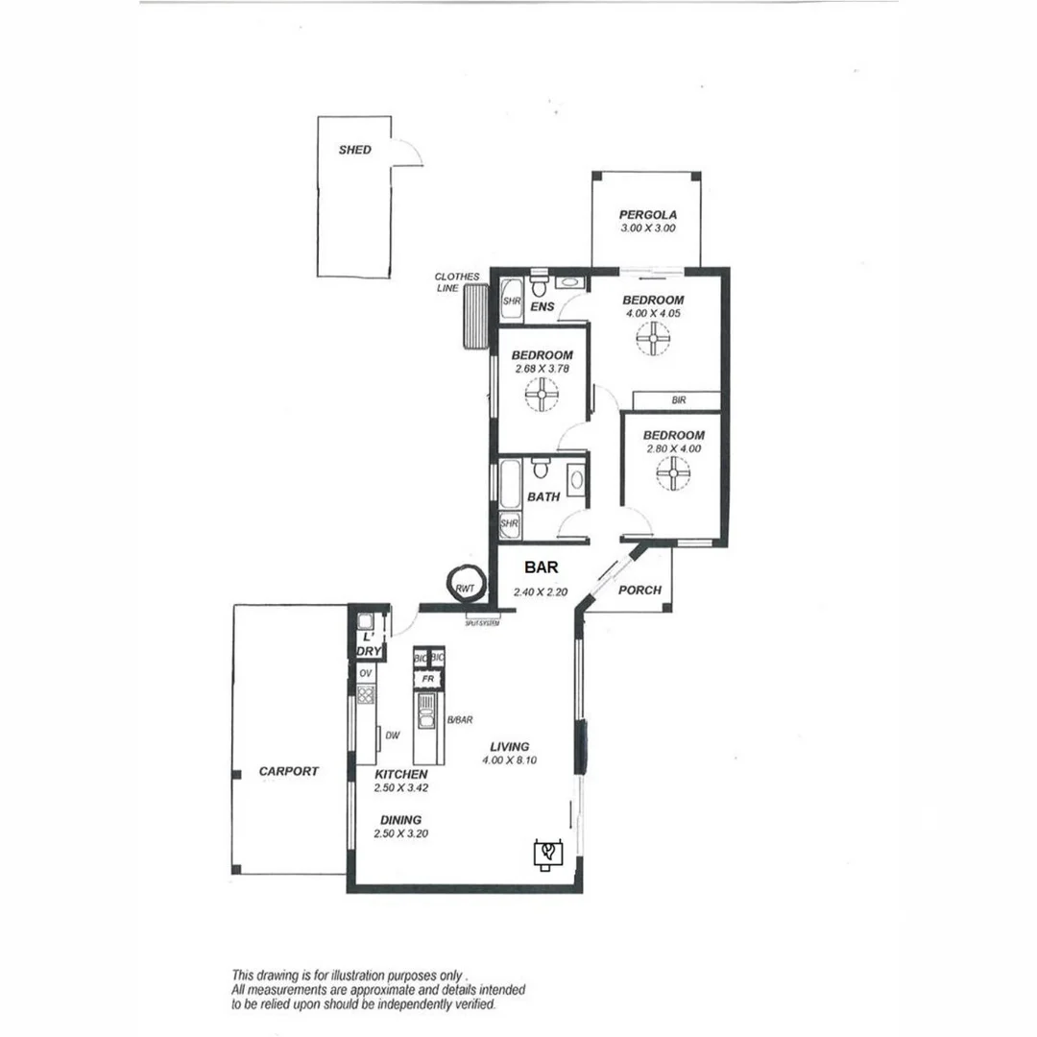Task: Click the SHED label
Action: coord(354,150)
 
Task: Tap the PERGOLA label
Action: coord(648,214)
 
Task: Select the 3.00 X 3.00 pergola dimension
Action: coord(648,229)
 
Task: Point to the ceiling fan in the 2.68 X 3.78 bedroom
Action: coord(543,393)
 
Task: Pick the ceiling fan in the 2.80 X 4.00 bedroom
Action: coord(673,471)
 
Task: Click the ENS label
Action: coord(543,306)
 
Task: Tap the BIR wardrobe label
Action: coord(678,399)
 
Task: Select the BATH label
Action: coord(543,497)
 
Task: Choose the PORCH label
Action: coord(639,590)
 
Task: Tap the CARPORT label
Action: coord(288,771)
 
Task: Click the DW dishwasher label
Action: coord(392,736)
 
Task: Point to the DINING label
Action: coord(399,820)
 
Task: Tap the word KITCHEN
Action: coord(401,774)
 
